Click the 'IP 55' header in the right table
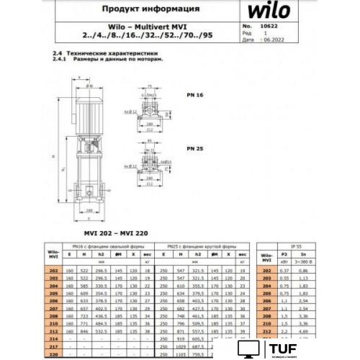[x=287, y=247]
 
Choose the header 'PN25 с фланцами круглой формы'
[x=206, y=247]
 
